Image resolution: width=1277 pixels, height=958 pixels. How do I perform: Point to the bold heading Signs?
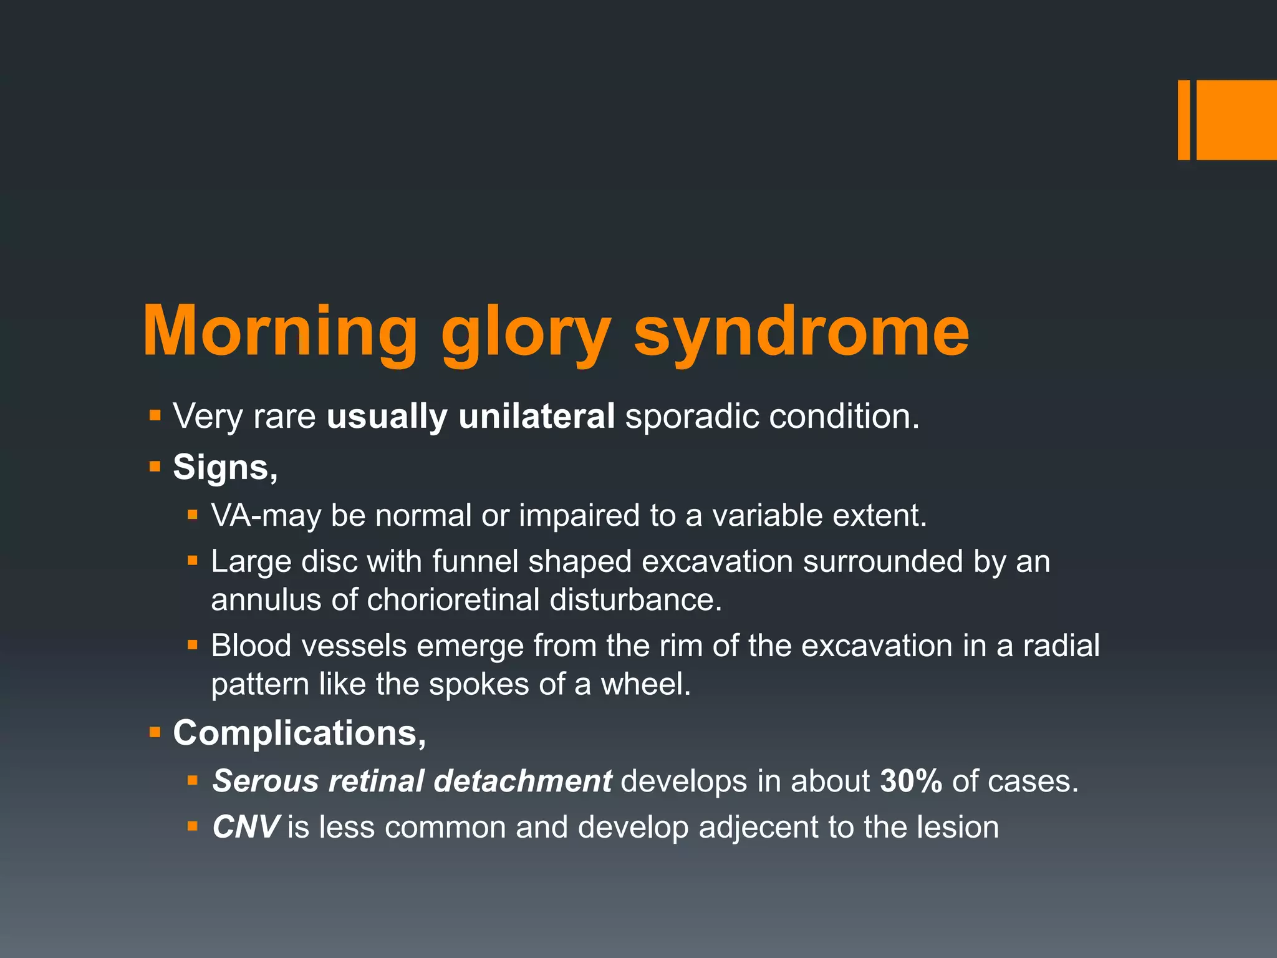(x=225, y=467)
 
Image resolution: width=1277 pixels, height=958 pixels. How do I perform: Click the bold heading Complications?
(x=299, y=733)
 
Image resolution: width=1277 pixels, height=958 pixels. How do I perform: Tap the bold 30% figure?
(x=910, y=781)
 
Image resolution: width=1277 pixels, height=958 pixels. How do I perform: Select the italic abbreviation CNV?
(x=246, y=828)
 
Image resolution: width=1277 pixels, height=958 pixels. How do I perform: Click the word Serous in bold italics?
(x=266, y=781)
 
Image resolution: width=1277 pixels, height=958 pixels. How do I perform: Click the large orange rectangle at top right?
(x=1236, y=120)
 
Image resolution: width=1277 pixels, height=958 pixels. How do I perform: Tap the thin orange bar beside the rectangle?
(x=1183, y=120)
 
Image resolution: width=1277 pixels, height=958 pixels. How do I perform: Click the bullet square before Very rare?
(x=155, y=415)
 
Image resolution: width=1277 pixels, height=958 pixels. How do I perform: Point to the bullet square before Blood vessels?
(x=193, y=645)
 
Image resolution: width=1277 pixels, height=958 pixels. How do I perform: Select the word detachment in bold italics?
(x=523, y=781)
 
